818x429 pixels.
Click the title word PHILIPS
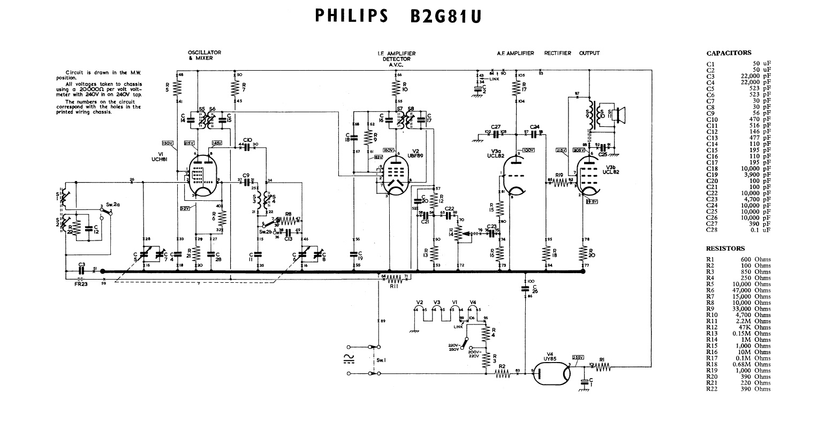(x=351, y=16)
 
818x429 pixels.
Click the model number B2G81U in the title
(x=446, y=16)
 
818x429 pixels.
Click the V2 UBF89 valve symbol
(x=395, y=177)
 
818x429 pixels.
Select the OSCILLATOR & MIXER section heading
(x=204, y=55)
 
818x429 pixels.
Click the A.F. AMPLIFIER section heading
(x=515, y=53)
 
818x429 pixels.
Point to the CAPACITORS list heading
(x=729, y=53)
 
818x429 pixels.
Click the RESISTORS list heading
(x=725, y=249)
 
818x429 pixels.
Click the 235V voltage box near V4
(x=578, y=357)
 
